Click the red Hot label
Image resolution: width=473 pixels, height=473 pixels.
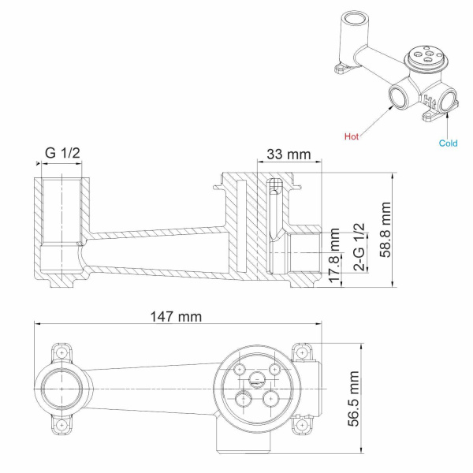pos(352,136)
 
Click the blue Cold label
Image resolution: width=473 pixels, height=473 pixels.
pos(448,143)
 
